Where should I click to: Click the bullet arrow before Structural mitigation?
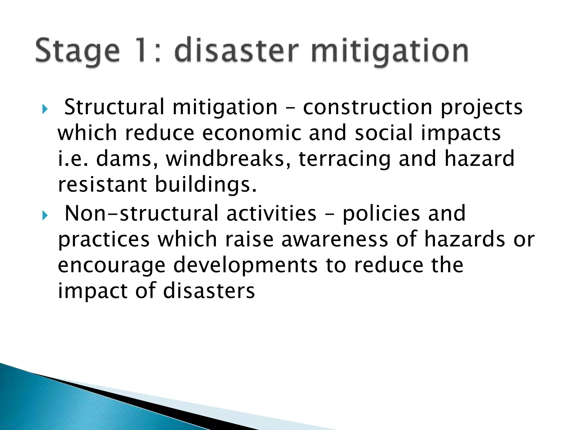click(x=45, y=109)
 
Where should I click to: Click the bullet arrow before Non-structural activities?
click(x=45, y=215)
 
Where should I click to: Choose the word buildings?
click(x=206, y=185)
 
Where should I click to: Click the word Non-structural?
click(x=141, y=213)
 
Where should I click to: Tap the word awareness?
click(x=335, y=239)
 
